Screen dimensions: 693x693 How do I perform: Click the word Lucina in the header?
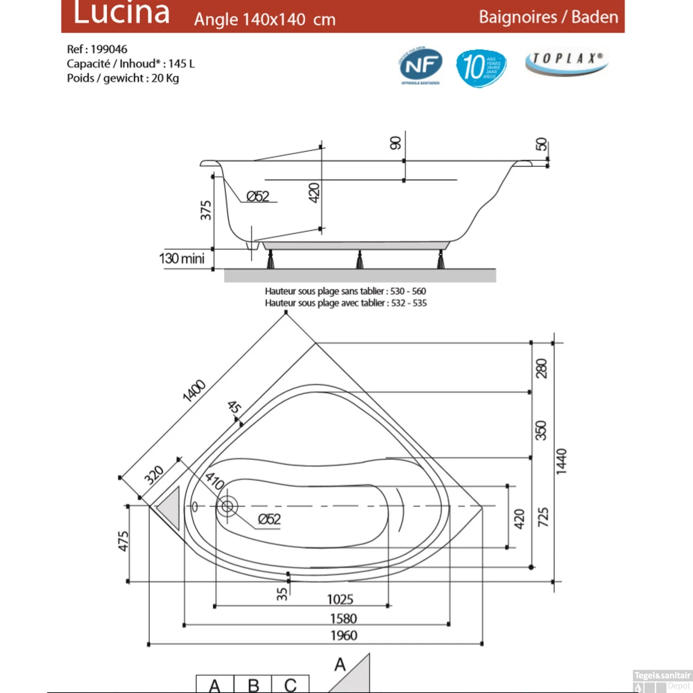(122, 13)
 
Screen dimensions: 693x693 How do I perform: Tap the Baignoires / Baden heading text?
(548, 17)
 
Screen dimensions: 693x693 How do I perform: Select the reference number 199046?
(109, 49)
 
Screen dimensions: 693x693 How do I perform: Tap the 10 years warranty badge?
(481, 67)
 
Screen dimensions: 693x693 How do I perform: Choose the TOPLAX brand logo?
(566, 61)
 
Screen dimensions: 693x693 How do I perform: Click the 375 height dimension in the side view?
(206, 210)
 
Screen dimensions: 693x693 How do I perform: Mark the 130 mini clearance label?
(182, 258)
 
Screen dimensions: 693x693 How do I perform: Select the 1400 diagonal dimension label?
(194, 390)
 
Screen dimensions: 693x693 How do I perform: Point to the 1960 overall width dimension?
(344, 636)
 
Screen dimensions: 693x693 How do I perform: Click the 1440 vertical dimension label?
(561, 461)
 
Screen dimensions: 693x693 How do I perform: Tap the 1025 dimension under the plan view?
(340, 599)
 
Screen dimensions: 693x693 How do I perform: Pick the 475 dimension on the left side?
(123, 541)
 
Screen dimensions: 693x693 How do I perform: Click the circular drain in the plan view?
(227, 507)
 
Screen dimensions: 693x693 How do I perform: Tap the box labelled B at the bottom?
(253, 684)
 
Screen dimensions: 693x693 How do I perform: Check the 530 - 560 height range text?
(408, 291)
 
